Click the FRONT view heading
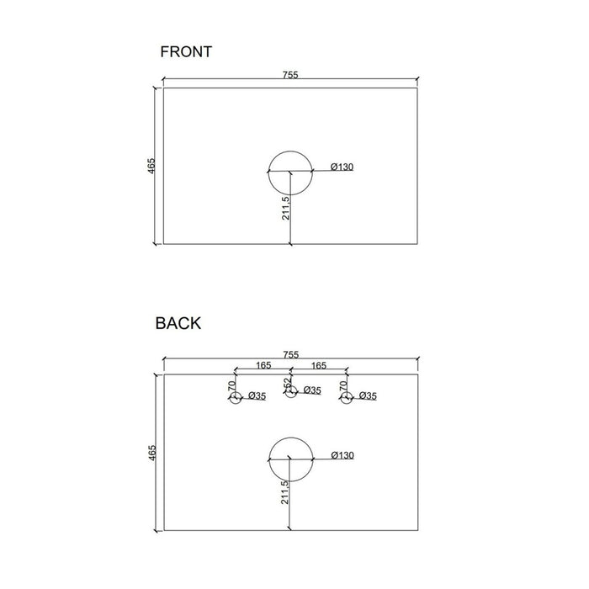pyautogui.click(x=186, y=52)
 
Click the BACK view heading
pyautogui.click(x=178, y=323)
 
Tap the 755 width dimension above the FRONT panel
pyautogui.click(x=290, y=75)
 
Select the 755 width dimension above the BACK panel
pyautogui.click(x=291, y=354)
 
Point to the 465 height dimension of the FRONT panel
pyautogui.click(x=151, y=166)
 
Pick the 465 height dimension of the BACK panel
pyautogui.click(x=151, y=453)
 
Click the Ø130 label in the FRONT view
pyautogui.click(x=342, y=167)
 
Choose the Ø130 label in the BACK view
pyautogui.click(x=342, y=455)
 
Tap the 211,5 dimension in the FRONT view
pyautogui.click(x=285, y=208)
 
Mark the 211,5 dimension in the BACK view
pyautogui.click(x=284, y=492)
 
